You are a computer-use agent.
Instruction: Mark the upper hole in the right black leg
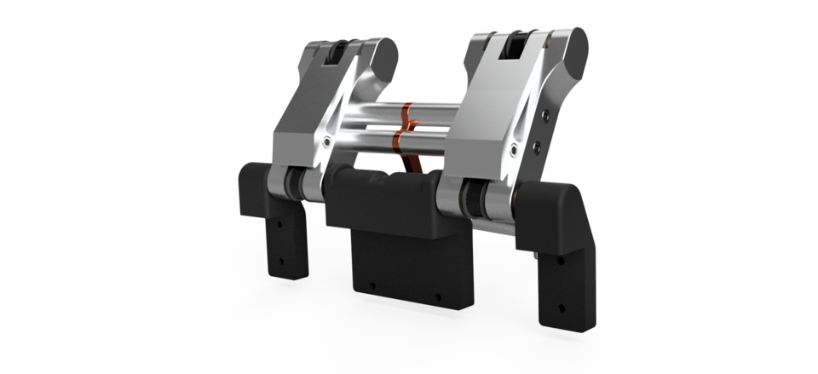560,259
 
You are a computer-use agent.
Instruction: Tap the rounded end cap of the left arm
383,55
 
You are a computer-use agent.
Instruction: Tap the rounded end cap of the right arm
574,49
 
